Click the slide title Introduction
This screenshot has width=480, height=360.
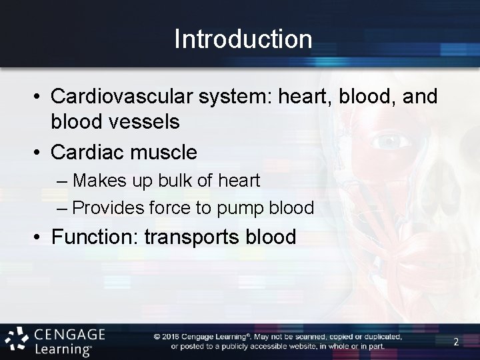tap(243, 39)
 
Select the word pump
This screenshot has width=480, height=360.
tap(240, 208)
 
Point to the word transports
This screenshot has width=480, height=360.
tap(200, 237)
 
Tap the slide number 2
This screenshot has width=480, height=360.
tap(456, 342)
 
